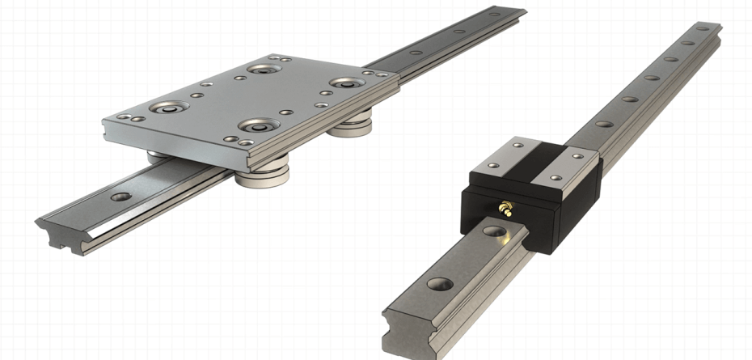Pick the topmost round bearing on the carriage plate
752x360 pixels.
pyautogui.click(x=263, y=68)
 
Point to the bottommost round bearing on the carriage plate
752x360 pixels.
pyautogui.click(x=258, y=126)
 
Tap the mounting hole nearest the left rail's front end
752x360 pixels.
pyautogui.click(x=120, y=197)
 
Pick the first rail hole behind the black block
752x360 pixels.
pyautogui.click(x=604, y=124)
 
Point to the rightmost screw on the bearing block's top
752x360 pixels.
pyautogui.click(x=577, y=156)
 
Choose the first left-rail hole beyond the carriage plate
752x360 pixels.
pyautogui.click(x=417, y=54)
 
